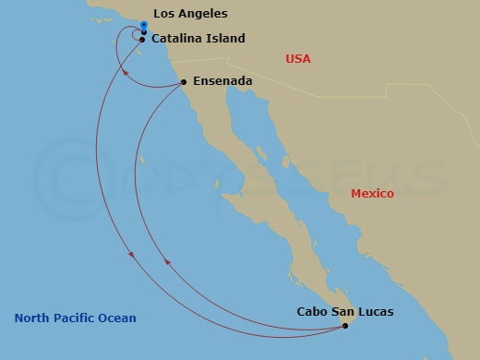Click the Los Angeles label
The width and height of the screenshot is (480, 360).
point(190,14)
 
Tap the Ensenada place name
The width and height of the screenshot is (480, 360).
point(223,81)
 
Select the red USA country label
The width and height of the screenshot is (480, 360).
point(298,58)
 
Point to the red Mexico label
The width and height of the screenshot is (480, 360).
point(372,194)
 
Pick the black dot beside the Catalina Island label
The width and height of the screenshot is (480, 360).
point(141,39)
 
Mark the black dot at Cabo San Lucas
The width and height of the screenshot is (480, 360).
point(344,325)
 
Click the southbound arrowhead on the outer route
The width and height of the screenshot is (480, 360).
point(132,255)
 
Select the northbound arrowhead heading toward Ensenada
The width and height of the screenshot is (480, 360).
point(167,263)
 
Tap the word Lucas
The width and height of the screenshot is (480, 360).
point(375,312)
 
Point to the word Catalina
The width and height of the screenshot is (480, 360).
point(178,39)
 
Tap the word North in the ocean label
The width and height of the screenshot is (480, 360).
point(32,318)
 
